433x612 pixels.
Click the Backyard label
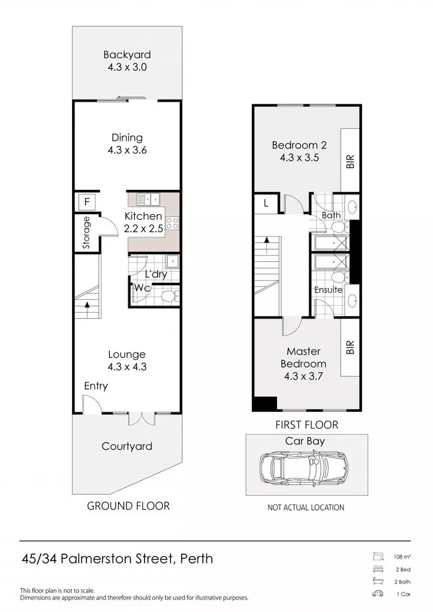[x=127, y=54]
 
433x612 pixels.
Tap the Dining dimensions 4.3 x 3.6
[x=128, y=150]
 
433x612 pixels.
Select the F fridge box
[x=87, y=202]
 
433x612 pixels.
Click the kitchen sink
[x=148, y=199]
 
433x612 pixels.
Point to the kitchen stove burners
[x=172, y=223]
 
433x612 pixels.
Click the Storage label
[x=86, y=233]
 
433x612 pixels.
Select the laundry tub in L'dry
[x=171, y=261]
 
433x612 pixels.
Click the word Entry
[x=96, y=386]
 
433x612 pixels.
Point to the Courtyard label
[x=127, y=446]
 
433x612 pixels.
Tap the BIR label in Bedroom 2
[x=350, y=161]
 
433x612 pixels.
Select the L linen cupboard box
[x=266, y=203]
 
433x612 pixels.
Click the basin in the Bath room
[x=352, y=206]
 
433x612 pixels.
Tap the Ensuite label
[x=328, y=290]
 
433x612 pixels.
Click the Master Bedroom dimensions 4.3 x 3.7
[x=303, y=376]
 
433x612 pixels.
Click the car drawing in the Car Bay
[x=303, y=467]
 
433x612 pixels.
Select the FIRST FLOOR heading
[x=307, y=424]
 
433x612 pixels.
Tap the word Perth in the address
[x=197, y=559]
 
